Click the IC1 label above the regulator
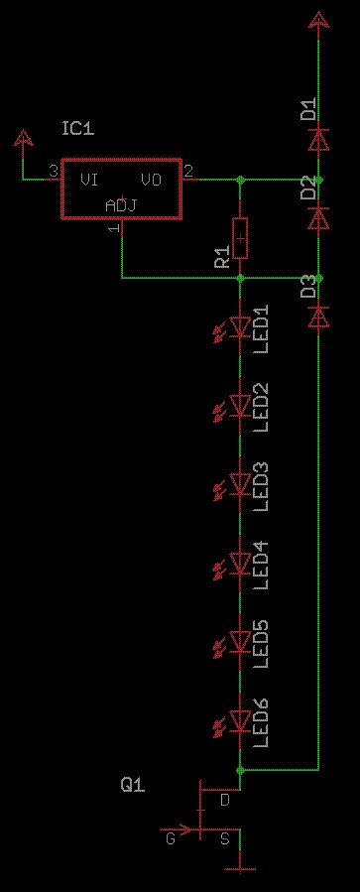[78, 129]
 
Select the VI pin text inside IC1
[88, 181]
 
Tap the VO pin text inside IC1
[152, 181]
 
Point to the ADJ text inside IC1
[121, 205]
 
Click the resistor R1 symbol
[240, 238]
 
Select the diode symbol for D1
[318, 139]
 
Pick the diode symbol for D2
[318, 218]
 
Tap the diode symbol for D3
[318, 317]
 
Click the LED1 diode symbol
[240, 327]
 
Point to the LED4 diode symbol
[240, 564]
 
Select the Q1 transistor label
[133, 786]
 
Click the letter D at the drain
[225, 801]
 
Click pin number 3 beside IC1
[53, 171]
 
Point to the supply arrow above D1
[318, 21]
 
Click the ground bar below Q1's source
[240, 869]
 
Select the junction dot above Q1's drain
[240, 770]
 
